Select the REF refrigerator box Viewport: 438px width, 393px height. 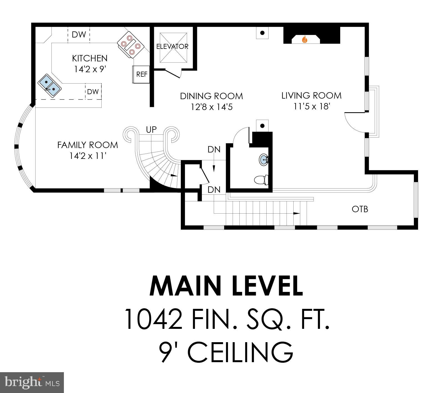tap(142, 74)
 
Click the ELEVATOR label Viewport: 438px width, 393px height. tap(172, 46)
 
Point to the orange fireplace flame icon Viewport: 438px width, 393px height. tap(305, 39)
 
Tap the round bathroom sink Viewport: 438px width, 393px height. tap(264, 159)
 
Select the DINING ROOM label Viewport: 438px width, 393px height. tap(211, 96)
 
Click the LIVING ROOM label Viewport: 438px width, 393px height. tap(311, 96)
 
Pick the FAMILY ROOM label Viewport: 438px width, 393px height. tap(87, 145)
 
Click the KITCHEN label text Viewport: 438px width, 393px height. tap(90, 58)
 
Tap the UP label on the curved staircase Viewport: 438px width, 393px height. tap(151, 129)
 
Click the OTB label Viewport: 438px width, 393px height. tap(360, 209)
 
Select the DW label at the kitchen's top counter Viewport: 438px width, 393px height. tap(79, 35)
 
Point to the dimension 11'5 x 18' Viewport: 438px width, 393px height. tap(312, 106)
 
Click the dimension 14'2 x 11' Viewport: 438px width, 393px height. tap(88, 156)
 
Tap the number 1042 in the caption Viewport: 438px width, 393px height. tap(153, 319)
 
